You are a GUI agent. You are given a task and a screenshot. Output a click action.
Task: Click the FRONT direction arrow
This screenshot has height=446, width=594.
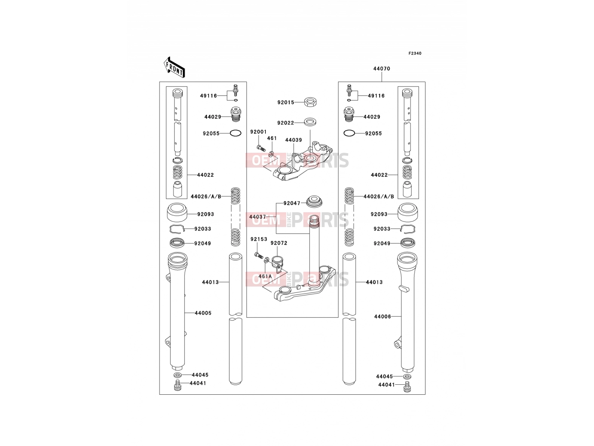(174, 68)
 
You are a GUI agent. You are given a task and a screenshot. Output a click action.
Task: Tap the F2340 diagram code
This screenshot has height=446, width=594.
(415, 54)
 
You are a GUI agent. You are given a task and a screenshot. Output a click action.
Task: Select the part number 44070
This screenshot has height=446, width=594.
(382, 69)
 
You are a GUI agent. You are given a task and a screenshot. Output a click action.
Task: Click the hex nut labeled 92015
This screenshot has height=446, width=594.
(311, 102)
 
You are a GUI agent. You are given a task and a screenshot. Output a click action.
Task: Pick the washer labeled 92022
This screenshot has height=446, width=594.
(310, 122)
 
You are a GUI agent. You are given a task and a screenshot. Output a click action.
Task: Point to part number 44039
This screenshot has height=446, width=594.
(293, 140)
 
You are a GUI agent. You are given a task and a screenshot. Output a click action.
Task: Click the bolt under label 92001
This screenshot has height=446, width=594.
(261, 148)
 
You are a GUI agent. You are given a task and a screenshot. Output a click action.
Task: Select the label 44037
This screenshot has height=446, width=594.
(257, 217)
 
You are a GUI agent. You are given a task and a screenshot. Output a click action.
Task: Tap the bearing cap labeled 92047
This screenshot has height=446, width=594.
(314, 202)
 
